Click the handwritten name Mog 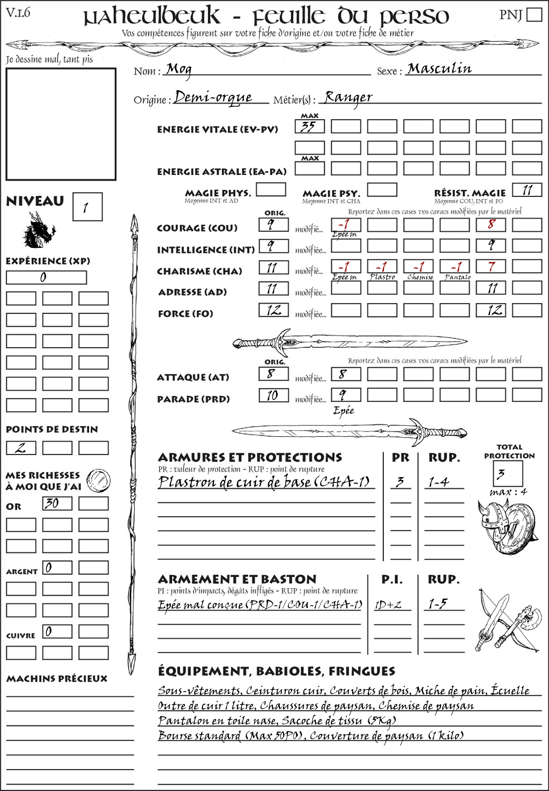click(x=179, y=69)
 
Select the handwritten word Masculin click(x=439, y=69)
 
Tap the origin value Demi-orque click(x=213, y=97)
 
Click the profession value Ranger click(x=348, y=97)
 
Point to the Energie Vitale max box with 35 click(x=309, y=127)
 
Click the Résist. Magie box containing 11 click(x=527, y=190)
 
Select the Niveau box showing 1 click(x=87, y=207)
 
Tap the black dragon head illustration click(x=39, y=231)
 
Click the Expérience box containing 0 click(x=46, y=277)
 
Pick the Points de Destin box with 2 click(x=21, y=448)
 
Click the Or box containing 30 click(x=57, y=503)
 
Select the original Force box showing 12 click(x=273, y=310)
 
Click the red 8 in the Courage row click(x=491, y=224)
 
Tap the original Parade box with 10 click(x=273, y=396)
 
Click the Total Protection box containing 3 click(x=507, y=473)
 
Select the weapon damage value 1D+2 click(x=388, y=605)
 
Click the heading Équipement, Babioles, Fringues click(x=277, y=671)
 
